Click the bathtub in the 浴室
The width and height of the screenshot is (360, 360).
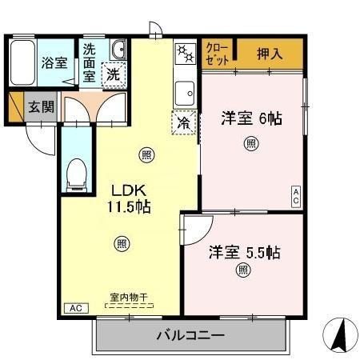(22, 62)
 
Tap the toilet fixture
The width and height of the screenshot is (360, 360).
(77, 175)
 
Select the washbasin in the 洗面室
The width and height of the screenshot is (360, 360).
(118, 50)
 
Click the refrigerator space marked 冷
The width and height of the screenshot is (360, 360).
(184, 123)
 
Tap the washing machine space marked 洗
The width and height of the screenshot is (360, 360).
(114, 75)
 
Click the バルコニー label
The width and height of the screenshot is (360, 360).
(190, 335)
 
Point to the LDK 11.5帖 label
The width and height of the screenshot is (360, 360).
(129, 198)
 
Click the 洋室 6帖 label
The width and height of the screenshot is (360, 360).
(251, 118)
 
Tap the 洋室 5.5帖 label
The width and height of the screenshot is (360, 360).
(245, 252)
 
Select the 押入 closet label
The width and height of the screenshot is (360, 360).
(270, 54)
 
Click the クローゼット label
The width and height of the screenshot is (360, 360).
(218, 54)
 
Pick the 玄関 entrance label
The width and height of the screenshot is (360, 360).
(41, 106)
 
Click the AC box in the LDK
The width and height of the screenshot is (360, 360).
(77, 308)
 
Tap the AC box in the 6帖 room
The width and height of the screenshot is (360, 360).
(296, 196)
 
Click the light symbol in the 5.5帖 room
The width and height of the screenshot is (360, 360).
(243, 270)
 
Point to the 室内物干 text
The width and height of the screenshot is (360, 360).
(129, 298)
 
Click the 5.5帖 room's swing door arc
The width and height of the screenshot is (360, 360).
(206, 234)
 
